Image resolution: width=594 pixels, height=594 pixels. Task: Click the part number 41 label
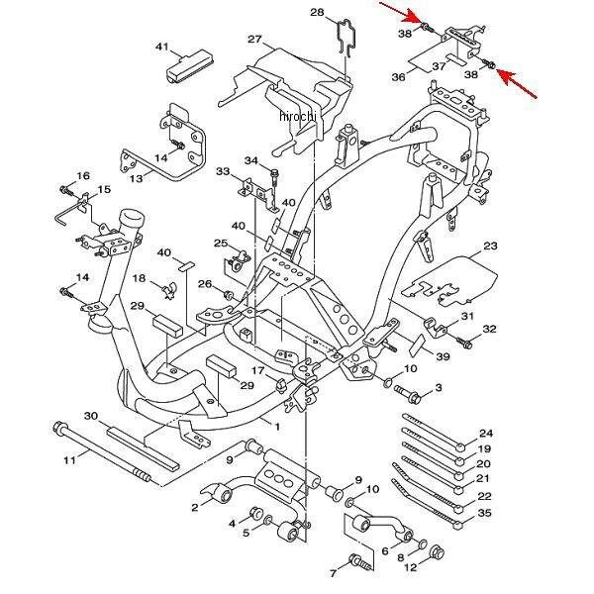click(161, 47)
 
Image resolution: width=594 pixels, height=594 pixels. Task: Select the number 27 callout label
click(255, 39)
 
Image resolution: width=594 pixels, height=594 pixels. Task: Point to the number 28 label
click(317, 13)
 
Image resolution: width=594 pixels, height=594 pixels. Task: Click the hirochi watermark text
click(297, 115)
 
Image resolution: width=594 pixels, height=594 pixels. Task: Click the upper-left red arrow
click(403, 14)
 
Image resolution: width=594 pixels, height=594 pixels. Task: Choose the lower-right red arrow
click(517, 84)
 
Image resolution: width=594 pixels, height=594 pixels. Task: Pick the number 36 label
click(399, 77)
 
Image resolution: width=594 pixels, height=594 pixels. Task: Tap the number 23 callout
click(490, 246)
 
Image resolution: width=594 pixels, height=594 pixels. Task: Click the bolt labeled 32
click(464, 343)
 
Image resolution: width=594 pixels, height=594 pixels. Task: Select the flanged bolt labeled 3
click(408, 394)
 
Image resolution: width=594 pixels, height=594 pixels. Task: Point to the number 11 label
click(69, 460)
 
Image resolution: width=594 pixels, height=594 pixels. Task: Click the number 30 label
click(91, 416)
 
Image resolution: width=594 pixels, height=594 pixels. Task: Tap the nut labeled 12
click(438, 552)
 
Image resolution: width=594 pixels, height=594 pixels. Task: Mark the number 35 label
click(484, 513)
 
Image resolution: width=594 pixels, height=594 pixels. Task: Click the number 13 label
click(136, 178)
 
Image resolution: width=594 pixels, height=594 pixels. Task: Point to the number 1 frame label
click(277, 427)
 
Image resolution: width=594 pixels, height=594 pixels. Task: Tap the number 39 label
click(443, 356)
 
